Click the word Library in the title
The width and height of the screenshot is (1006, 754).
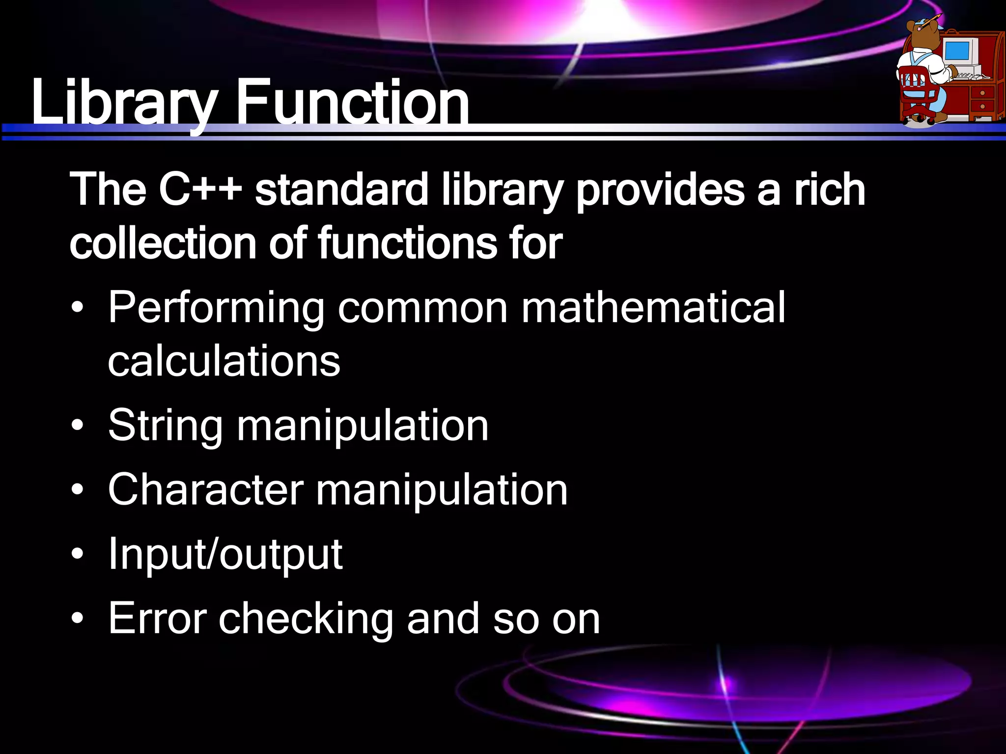point(123,103)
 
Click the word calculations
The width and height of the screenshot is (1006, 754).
point(224,361)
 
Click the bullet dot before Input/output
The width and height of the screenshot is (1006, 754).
point(77,555)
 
